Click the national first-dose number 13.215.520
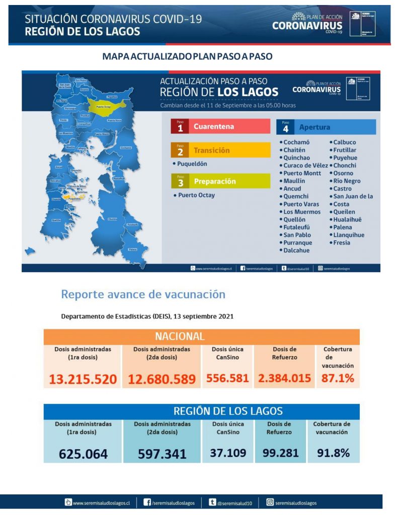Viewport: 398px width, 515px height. click(83, 379)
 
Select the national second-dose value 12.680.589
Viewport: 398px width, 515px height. click(162, 379)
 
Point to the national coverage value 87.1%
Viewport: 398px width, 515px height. click(338, 378)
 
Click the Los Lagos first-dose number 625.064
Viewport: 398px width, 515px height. click(83, 454)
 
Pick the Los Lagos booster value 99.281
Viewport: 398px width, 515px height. click(281, 453)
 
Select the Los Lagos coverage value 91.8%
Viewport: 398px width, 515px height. click(333, 453)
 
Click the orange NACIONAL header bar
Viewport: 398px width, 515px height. click(201, 336)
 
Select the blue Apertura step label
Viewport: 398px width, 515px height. click(326, 127)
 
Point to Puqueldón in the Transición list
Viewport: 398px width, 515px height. click(192, 164)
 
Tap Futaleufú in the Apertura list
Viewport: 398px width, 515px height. click(297, 227)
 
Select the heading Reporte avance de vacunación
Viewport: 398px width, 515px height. click(143, 294)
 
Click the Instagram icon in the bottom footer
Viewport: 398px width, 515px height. click(270, 502)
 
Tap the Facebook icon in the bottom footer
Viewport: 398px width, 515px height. click(147, 502)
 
